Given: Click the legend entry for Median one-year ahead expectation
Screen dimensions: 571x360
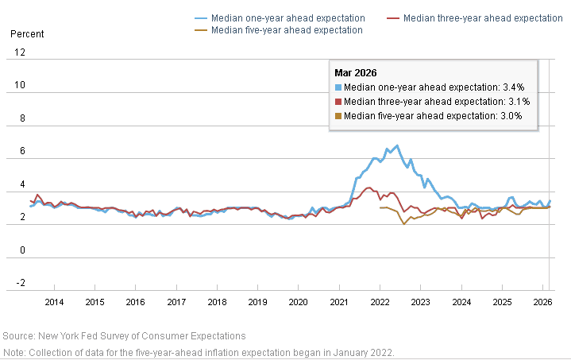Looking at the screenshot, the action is (x=280, y=18).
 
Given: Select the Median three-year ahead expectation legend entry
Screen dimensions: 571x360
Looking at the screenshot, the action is (x=474, y=18).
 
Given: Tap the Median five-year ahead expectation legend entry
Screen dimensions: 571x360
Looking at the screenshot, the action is (x=279, y=30).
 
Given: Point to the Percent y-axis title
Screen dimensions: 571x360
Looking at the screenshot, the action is (x=27, y=34).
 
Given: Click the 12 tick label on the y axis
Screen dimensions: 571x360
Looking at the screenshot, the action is (x=20, y=52).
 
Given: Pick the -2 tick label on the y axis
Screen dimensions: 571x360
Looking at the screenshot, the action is (x=21, y=283).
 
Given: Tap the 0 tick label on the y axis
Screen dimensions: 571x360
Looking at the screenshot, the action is (x=22, y=250).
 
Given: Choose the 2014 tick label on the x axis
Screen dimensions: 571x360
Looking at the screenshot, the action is (x=54, y=302).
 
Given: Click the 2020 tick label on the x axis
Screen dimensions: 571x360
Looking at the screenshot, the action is (x=299, y=302).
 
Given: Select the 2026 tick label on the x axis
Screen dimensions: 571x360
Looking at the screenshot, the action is (x=542, y=302).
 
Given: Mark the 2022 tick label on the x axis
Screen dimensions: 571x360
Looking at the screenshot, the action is (x=380, y=302).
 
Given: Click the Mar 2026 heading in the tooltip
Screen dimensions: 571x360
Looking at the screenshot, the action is (x=356, y=73).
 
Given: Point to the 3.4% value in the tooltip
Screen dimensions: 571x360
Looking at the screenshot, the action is (x=514, y=87).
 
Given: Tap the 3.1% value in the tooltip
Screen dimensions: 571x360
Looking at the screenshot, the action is (x=519, y=102).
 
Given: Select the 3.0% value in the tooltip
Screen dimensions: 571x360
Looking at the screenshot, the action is (x=511, y=116).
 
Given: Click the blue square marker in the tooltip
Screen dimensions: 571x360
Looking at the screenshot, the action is (x=338, y=87).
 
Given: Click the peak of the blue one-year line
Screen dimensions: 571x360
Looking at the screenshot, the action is (x=397, y=145).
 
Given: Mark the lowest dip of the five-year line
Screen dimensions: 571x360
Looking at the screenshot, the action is (x=404, y=224).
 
